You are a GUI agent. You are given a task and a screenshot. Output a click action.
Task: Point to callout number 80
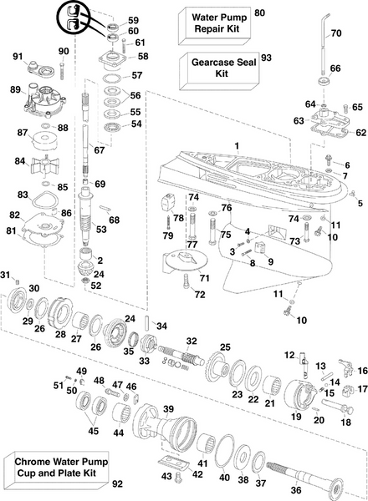coord(258,13)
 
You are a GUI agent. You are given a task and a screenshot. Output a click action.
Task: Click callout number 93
coord(266,57)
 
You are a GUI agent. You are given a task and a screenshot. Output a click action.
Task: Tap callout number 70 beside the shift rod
coord(335,34)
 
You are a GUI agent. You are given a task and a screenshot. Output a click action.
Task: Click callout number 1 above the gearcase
coord(237,146)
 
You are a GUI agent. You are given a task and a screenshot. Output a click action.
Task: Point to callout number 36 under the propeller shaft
coord(295,490)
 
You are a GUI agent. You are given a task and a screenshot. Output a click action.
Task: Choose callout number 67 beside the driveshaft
coord(99,150)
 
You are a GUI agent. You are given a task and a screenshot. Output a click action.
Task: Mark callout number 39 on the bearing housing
coord(168,408)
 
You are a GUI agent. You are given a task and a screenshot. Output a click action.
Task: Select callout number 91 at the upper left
coord(16,56)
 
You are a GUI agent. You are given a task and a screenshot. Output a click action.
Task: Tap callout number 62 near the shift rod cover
coord(360,132)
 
